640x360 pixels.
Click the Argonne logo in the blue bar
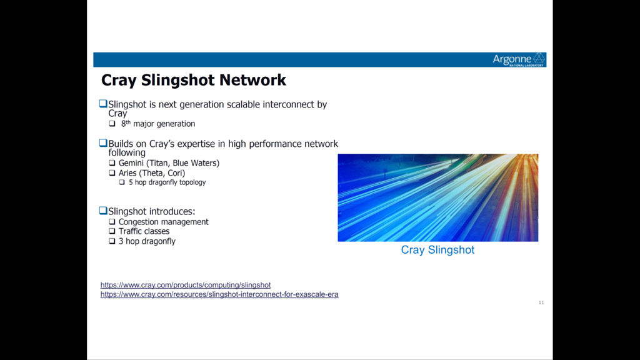(519, 59)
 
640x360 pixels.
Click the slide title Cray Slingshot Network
(194, 80)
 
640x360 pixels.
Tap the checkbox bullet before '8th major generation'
(112, 123)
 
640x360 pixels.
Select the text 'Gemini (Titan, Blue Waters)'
(169, 163)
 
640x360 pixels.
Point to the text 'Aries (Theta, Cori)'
(152, 173)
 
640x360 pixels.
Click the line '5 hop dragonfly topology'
(167, 182)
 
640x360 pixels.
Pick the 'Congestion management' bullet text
(163, 222)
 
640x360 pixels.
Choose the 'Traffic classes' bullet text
(144, 231)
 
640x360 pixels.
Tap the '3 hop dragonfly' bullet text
(147, 241)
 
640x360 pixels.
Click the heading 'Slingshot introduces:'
(152, 211)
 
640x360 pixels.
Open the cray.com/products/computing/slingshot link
(185, 285)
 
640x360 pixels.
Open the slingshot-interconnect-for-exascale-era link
(219, 294)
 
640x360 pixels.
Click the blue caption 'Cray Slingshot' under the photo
(437, 250)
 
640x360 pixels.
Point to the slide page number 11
(541, 302)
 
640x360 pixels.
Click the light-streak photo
(438, 197)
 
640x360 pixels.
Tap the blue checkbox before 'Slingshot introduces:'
(103, 211)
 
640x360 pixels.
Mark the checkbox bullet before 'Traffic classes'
(112, 231)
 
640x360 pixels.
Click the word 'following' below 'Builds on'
(127, 153)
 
